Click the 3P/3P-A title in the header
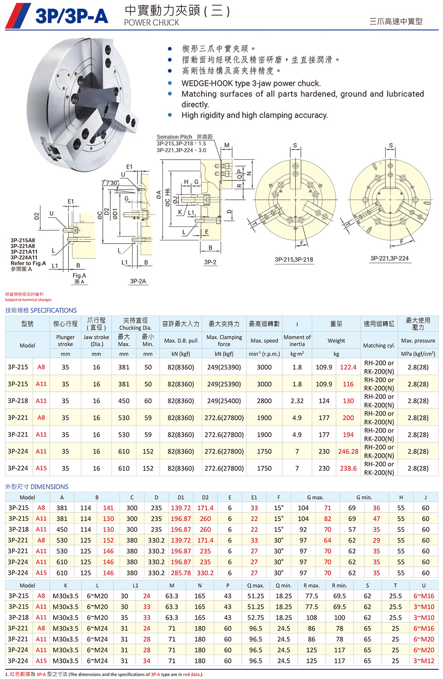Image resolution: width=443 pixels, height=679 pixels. coord(72,16)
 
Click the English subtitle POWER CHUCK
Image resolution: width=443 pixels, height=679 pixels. coord(151,23)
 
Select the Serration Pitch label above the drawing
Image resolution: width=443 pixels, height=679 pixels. coord(174,137)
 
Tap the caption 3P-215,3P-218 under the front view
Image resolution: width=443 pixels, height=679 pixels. coord(294,260)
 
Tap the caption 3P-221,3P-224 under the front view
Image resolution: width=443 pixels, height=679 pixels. coord(389,258)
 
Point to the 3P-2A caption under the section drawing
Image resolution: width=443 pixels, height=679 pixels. coord(138,281)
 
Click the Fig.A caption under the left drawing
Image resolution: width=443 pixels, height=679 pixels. coord(79,275)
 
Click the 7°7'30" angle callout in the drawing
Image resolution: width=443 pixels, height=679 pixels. coord(110,183)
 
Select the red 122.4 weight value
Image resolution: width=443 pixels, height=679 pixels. coord(348,367)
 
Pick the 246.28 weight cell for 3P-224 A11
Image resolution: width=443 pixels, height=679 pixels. coord(348,452)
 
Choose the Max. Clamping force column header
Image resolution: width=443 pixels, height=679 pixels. coord(224,340)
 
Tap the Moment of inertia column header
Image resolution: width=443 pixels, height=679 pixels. coord(297,340)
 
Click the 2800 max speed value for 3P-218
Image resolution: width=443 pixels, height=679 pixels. coord(264,401)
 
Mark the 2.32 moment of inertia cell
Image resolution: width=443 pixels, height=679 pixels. coord(297,401)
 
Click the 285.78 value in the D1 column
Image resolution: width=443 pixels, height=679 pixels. coord(180,573)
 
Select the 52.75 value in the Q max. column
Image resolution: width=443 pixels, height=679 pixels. coord(256,617)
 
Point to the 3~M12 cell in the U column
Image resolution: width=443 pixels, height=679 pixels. coord(424,661)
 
